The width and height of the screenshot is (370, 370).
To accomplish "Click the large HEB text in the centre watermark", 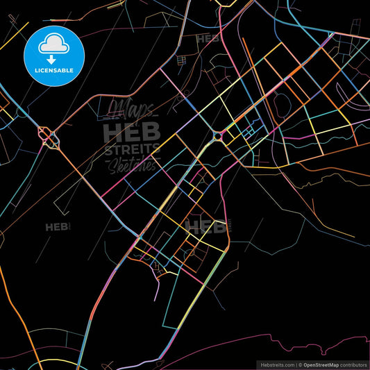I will tap(132, 131).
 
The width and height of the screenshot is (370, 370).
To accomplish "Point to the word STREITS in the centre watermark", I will tap(132, 149).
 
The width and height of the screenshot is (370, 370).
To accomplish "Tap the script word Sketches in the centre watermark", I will tap(132, 165).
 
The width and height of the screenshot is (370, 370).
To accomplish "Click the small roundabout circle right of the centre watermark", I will tap(218, 136).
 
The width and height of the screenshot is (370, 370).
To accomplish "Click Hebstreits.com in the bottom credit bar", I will tap(276, 364).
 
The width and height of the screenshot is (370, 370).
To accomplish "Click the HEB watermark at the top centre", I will tap(208, 39).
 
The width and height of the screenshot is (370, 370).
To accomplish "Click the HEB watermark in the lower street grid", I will tap(205, 226).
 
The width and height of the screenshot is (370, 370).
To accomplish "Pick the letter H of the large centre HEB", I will tap(112, 131).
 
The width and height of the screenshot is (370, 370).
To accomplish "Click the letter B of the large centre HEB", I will tap(151, 131).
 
